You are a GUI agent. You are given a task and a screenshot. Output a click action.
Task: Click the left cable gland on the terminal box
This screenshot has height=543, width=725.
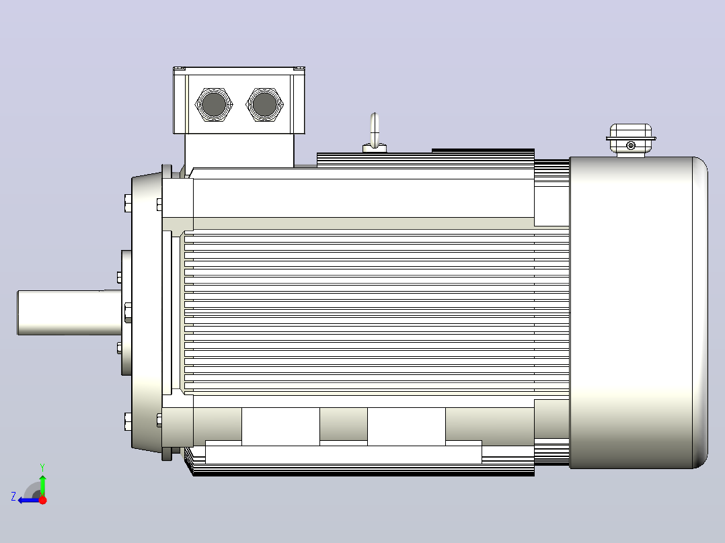214,104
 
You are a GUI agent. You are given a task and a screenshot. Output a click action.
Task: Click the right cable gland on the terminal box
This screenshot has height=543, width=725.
264,104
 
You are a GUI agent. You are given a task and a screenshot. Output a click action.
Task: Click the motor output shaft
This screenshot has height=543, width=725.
69,312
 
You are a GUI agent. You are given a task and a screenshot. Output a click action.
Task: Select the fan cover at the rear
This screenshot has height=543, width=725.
638,313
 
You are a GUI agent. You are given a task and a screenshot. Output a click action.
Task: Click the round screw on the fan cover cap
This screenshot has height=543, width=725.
631,146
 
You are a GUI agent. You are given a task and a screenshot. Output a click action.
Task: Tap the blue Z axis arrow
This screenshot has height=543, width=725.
29,500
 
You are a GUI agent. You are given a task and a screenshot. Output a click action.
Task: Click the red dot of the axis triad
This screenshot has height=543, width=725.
42,500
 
